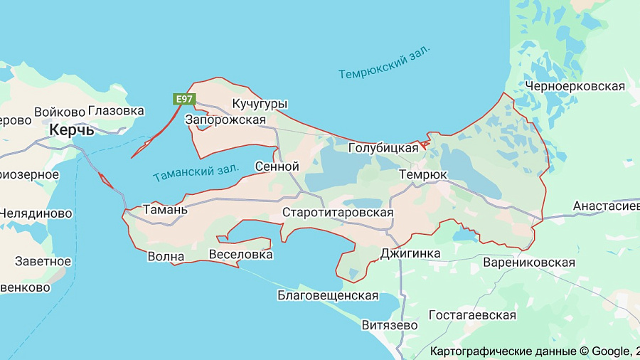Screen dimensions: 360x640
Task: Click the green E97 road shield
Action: pos(183,100)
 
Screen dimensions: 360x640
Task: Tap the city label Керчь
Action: pos(72,130)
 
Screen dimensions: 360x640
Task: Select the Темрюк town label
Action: pos(423,174)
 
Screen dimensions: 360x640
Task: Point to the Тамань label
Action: pos(165,210)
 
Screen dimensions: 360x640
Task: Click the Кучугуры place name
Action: pos(260,105)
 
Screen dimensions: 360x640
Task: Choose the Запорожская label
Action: pos(225,120)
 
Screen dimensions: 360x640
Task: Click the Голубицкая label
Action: pos(383,148)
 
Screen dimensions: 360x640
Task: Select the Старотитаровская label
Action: pos(338,212)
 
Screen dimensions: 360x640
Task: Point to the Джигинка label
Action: pos(410,253)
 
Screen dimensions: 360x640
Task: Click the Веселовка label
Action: pos(241,254)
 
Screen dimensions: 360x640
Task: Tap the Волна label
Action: pos(166,257)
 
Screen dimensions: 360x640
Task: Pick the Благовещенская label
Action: pos(327,295)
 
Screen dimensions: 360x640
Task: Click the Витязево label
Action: pos(390,324)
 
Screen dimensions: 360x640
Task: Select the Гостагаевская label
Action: pos(472,314)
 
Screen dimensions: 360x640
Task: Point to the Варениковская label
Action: pos(528,263)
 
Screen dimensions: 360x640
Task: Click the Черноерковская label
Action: pos(575,86)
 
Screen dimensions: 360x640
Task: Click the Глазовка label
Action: pos(116,111)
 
